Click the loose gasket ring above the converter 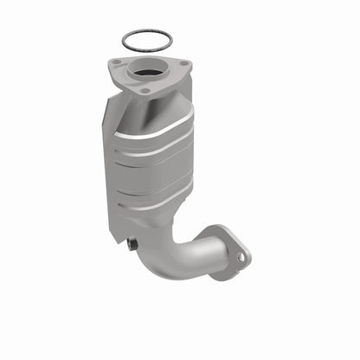tap(145, 32)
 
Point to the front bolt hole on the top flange tap(145, 90)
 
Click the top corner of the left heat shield tap(107, 98)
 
